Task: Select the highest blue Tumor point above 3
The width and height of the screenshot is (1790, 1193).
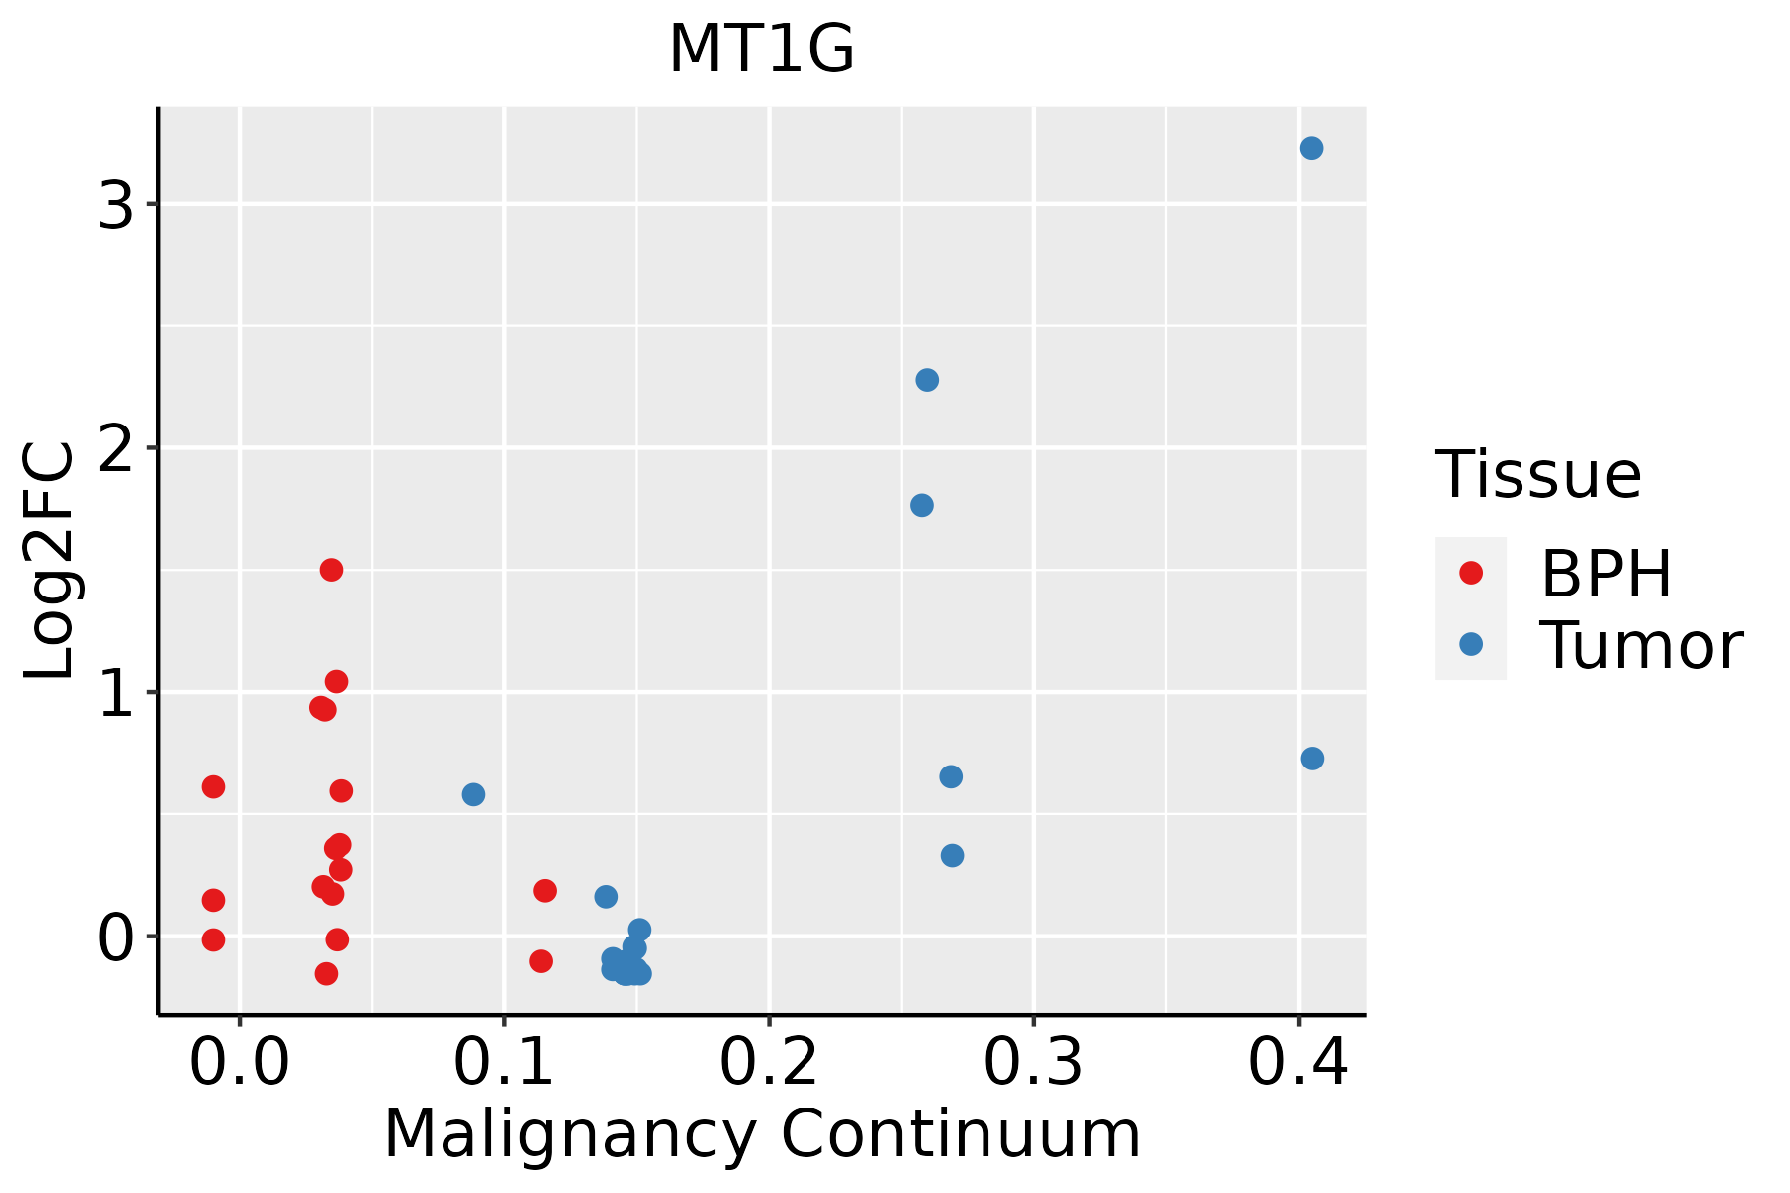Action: point(1311,148)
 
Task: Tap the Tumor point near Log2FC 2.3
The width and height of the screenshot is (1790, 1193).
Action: point(927,380)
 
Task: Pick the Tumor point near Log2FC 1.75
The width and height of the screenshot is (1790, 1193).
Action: point(922,505)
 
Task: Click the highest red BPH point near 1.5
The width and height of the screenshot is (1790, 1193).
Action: point(331,570)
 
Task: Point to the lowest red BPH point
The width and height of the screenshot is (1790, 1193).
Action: point(326,973)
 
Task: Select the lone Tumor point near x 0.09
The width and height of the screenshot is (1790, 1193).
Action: point(473,794)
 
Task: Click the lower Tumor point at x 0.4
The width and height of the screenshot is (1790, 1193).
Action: point(1312,759)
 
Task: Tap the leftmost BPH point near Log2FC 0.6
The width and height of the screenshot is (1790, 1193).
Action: point(213,786)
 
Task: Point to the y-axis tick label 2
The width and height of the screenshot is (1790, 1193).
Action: point(116,450)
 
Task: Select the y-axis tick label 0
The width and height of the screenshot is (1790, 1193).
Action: point(116,938)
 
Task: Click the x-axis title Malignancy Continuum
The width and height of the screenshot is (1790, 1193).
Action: point(762,1134)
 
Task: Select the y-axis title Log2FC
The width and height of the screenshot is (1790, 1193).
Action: point(50,562)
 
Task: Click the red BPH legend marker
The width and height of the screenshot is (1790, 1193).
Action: point(1470,573)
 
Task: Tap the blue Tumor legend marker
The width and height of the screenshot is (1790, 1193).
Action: point(1470,644)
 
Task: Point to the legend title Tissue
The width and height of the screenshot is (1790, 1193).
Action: point(1538,475)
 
